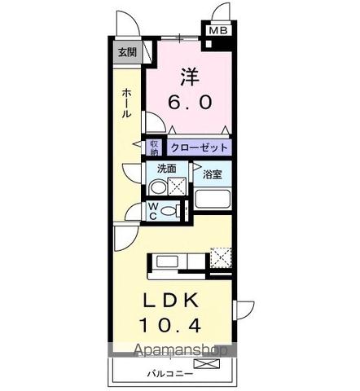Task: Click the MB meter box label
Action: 218,32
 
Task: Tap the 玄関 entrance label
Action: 126,54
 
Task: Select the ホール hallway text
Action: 126,103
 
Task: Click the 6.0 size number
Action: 191,103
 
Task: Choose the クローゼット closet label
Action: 199,147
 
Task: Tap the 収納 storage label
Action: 154,147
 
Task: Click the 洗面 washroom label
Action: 167,169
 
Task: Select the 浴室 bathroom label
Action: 213,173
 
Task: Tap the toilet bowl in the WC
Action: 169,211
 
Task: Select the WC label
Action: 153,211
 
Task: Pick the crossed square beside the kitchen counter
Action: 219,257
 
